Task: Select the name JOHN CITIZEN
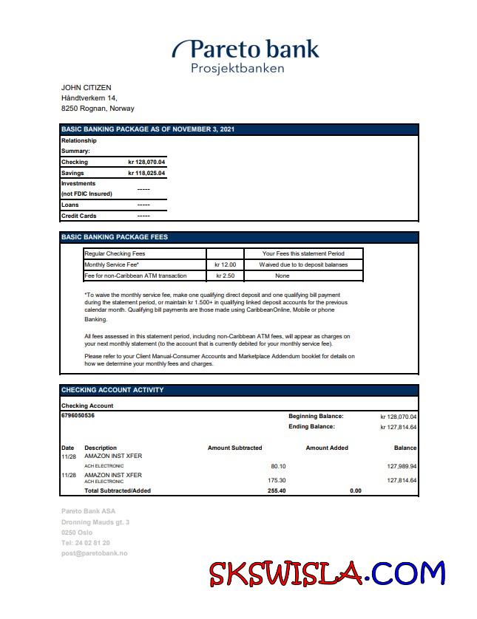86,88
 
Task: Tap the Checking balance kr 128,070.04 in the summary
146,162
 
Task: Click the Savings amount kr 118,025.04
146,173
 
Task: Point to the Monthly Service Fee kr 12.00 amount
224,264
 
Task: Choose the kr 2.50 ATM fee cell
224,276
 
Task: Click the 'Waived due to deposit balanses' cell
302,264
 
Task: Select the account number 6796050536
78,416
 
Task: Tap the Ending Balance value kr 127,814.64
398,427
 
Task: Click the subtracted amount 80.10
278,467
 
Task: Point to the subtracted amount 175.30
277,481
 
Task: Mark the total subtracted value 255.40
277,490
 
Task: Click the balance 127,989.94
402,467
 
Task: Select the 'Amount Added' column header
326,448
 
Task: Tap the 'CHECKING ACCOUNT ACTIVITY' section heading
112,390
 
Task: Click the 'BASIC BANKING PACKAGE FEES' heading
115,238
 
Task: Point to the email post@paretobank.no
94,553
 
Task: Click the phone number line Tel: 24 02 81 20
86,543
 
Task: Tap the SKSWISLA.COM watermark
327,573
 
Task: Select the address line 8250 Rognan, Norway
98,109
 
